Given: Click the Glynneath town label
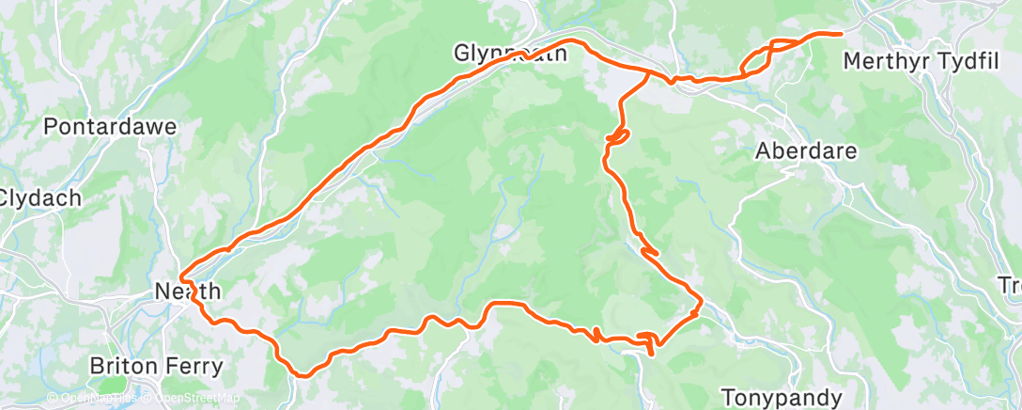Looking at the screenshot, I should [x=511, y=54].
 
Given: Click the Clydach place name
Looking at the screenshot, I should [x=40, y=198].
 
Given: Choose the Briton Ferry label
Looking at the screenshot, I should [x=156, y=366].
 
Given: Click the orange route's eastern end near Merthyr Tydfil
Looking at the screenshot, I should [x=839, y=34].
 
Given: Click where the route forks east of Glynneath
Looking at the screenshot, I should [x=649, y=71].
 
